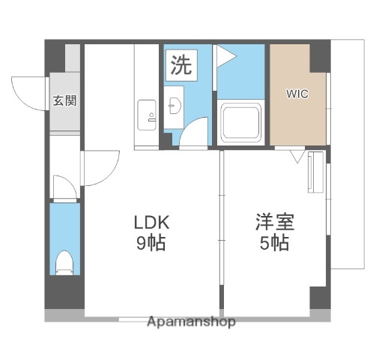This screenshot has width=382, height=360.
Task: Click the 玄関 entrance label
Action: point(64,100)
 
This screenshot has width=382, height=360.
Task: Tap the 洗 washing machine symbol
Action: point(180,64)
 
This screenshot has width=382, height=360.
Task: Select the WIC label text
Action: point(296,95)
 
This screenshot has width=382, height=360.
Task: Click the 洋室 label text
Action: point(274,223)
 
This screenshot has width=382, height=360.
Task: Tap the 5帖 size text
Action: point(274,243)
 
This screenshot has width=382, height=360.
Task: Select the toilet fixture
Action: point(64,262)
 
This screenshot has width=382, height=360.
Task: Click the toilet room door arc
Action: point(64,187)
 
